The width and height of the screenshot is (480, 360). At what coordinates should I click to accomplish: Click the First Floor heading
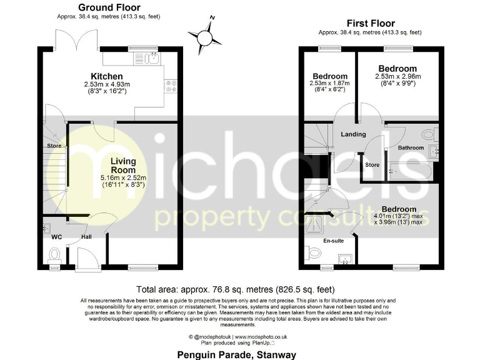(x=369, y=23)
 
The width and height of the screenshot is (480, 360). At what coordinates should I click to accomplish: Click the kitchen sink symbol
(x=152, y=59)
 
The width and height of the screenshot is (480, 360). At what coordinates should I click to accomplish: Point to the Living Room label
(x=123, y=166)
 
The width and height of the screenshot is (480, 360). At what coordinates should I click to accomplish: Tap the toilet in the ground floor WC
(x=54, y=254)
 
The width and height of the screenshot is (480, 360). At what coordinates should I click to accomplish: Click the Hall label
(x=86, y=237)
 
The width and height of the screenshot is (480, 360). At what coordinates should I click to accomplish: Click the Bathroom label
(x=411, y=148)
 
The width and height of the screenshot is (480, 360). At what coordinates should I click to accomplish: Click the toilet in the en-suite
(x=313, y=252)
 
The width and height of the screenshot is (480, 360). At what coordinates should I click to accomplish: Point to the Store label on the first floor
(x=372, y=165)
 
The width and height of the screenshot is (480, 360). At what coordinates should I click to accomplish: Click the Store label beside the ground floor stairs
(x=52, y=146)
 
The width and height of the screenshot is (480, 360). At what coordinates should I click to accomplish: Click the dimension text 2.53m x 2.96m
(x=398, y=77)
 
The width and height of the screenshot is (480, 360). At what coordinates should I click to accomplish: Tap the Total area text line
(x=236, y=289)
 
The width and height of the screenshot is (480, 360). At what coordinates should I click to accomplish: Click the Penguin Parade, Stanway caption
(x=236, y=354)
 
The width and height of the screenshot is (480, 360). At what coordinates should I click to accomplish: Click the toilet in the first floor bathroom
(x=428, y=134)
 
